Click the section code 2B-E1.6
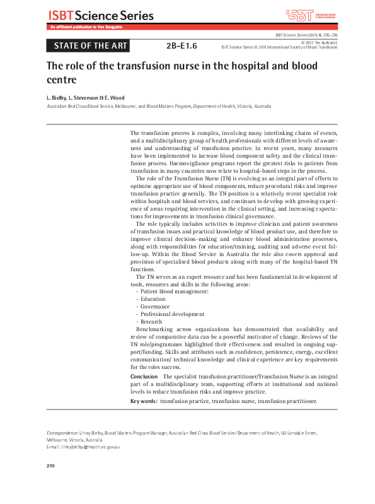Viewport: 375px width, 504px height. click(182, 45)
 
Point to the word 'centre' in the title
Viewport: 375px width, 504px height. click(62, 80)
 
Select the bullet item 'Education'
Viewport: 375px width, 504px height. click(154, 299)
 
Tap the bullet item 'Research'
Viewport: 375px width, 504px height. click(153, 322)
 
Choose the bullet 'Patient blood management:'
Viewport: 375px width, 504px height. click(174, 291)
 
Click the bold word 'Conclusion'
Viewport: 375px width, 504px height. click(144, 376)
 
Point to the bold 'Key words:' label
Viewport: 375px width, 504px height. click(144, 401)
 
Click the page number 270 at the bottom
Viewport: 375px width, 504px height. click(52, 466)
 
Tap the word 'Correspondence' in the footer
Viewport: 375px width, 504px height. click(62, 433)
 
